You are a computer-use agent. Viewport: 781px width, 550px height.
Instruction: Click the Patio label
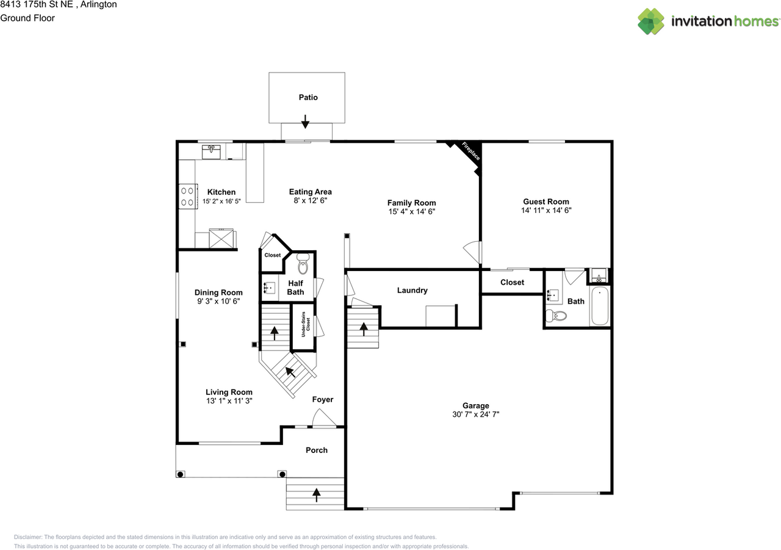coord(308,97)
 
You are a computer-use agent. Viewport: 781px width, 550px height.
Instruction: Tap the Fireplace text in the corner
coord(470,151)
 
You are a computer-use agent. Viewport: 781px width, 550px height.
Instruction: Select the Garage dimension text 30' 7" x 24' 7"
coord(475,414)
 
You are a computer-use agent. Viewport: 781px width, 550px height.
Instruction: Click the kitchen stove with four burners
coord(189,197)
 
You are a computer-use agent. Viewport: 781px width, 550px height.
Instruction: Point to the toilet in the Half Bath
coord(303,264)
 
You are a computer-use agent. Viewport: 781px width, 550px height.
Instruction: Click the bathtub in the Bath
coord(600,306)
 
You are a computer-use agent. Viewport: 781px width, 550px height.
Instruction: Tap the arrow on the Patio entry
coord(305,121)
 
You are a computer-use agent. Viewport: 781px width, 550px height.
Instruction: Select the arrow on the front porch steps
coord(316,495)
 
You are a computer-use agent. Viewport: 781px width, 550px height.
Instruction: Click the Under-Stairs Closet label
coord(306,324)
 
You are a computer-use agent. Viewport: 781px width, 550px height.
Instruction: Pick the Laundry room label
coord(412,290)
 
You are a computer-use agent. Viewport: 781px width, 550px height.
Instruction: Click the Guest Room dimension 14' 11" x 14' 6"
coord(546,211)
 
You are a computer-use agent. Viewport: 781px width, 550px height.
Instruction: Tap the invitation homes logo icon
coord(651,21)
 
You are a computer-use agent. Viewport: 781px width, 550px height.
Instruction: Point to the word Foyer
coord(323,399)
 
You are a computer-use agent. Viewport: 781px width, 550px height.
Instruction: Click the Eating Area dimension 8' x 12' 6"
coord(311,201)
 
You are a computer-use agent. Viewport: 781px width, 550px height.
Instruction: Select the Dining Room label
coord(218,292)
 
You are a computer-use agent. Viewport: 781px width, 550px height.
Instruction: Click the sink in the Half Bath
coord(270,288)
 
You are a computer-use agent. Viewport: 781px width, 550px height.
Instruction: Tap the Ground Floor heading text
coord(27,18)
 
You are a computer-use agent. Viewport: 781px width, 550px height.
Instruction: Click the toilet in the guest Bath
coord(556,316)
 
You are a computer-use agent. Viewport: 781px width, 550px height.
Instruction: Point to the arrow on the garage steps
coord(364,329)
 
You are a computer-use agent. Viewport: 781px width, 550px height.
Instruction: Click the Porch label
coord(317,450)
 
